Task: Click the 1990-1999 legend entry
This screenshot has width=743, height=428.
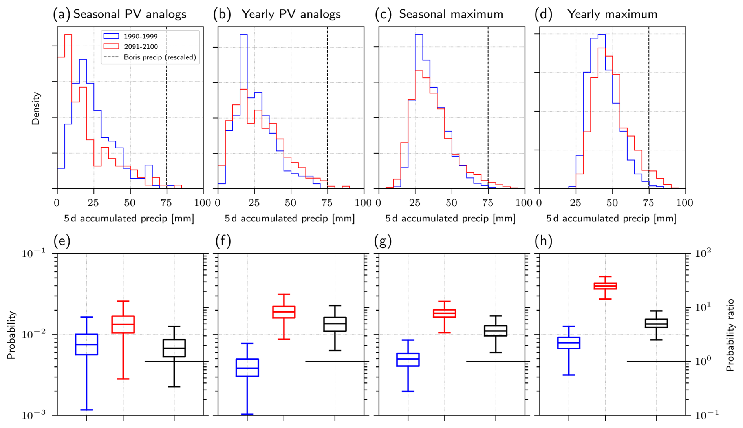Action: [140, 37]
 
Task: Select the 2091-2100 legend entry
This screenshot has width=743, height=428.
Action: [140, 47]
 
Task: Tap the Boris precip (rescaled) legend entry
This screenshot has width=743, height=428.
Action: [159, 57]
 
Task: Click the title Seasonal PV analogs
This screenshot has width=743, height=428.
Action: [130, 15]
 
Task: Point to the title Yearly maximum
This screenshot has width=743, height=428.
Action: [612, 15]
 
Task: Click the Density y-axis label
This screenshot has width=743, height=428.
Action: [36, 108]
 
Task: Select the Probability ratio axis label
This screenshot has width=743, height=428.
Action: [730, 335]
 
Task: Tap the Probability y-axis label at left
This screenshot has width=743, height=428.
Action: [11, 335]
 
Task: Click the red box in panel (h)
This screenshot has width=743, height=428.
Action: [605, 286]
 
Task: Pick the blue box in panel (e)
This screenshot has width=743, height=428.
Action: [86, 344]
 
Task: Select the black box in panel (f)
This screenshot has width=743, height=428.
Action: [335, 324]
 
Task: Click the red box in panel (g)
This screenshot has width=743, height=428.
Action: [444, 313]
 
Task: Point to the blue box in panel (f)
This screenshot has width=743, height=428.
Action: [247, 368]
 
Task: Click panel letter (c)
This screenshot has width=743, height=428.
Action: [383, 15]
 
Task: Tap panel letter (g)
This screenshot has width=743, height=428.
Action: [383, 241]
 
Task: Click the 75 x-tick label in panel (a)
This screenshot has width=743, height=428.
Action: [166, 203]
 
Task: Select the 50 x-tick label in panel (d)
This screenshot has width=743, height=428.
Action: [612, 203]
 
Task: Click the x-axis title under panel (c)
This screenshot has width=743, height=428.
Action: [450, 219]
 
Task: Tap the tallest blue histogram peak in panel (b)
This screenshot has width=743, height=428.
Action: [243, 35]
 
